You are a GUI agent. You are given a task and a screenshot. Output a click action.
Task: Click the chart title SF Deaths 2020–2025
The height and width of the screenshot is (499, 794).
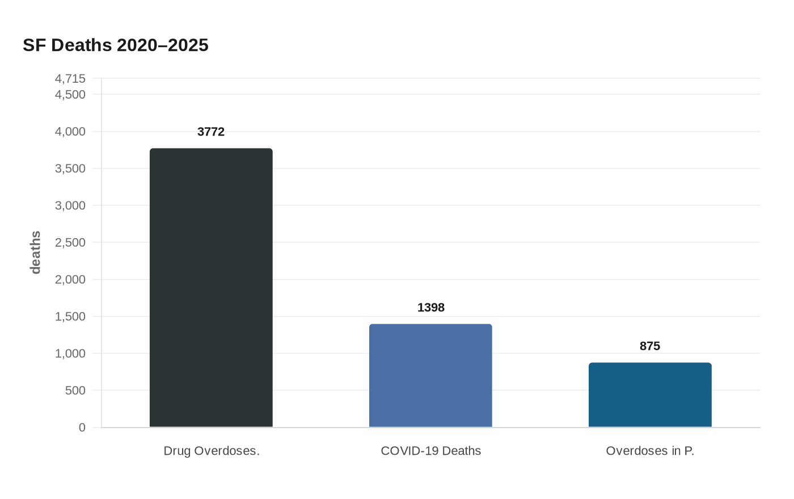point(116,45)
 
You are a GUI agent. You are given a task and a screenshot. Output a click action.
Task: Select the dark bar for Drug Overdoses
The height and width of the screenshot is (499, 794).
point(211,288)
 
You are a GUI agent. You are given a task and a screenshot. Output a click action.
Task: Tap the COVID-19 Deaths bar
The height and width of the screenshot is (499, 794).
point(430,375)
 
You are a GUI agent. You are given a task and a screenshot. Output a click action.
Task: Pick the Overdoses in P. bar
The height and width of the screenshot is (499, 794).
point(650,395)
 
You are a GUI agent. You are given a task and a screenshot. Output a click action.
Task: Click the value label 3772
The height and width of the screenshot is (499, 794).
point(211,132)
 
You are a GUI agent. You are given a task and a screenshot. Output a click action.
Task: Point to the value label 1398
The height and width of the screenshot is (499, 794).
point(430,308)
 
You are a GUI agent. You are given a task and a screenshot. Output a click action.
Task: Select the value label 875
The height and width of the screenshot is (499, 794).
point(650,346)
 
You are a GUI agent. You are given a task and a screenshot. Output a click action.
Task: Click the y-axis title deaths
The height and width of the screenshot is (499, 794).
point(36,252)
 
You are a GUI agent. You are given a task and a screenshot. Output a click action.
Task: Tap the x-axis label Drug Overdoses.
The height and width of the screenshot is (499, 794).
point(211,451)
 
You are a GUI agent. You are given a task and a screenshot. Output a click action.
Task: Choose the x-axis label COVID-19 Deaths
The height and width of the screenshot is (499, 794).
point(430,451)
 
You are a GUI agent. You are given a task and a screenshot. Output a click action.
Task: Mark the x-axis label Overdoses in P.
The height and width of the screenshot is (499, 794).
point(650,451)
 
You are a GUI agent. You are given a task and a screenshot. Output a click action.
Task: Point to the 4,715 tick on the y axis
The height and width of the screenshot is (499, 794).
point(70,79)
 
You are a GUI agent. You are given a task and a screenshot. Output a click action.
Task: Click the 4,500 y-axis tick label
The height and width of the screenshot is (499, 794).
point(70,95)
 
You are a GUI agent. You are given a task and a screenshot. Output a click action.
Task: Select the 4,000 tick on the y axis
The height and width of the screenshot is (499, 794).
point(70,132)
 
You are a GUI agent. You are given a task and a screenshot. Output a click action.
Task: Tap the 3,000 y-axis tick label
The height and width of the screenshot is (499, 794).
point(70,206)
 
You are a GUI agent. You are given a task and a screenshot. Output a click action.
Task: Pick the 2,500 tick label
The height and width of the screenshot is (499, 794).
point(70,243)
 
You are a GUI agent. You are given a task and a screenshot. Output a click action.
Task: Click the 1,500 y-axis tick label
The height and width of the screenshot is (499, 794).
point(70,316)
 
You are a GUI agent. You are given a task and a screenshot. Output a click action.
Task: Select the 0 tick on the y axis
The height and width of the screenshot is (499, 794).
point(82,428)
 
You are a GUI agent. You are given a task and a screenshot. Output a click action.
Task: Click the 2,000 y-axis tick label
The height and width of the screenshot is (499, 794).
point(70,280)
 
